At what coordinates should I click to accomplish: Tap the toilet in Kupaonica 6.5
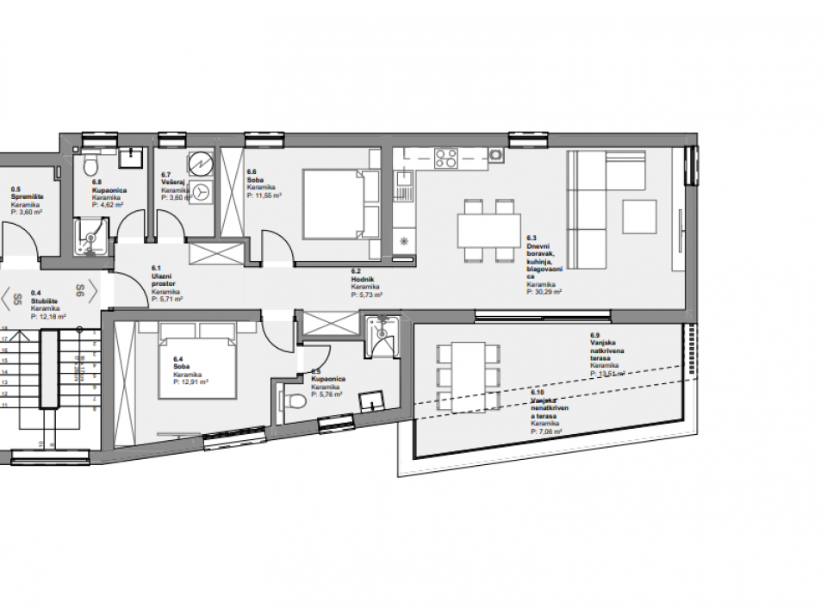(x=295, y=400)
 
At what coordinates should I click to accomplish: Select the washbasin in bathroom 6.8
(x=132, y=157)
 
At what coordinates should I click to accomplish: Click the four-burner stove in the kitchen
(x=446, y=158)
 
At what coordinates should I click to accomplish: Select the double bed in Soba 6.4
(x=196, y=361)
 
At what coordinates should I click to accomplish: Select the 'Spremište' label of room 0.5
(x=28, y=196)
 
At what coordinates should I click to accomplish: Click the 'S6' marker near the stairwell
(x=78, y=291)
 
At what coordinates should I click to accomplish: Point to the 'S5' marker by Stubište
(x=17, y=300)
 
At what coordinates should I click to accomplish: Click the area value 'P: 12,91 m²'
(x=190, y=382)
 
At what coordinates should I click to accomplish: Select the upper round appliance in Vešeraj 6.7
(x=202, y=163)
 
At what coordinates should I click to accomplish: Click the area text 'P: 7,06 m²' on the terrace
(x=547, y=433)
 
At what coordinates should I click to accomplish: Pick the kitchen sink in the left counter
(x=402, y=182)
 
